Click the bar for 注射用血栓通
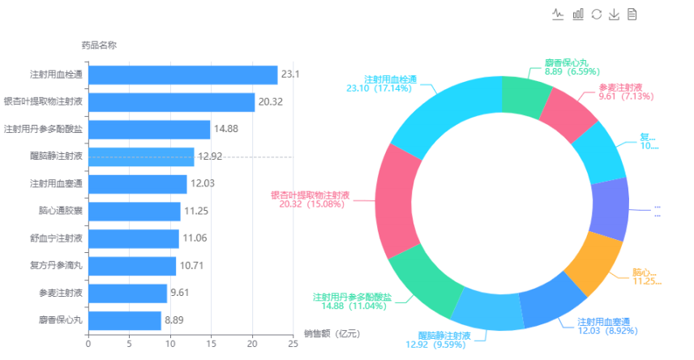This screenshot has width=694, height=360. pos(182,75)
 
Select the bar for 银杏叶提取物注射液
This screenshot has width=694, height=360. pos(171,102)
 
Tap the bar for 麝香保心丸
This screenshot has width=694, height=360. pos(125,320)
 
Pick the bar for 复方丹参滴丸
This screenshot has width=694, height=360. pos(132,266)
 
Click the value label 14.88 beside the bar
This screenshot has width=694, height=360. pos(225,129)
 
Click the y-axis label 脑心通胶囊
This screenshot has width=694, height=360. pos(60,212)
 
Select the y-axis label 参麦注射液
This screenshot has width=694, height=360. pos(60,293)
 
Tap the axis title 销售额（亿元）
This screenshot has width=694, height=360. pos(332,333)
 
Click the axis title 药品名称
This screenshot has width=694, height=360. pos(99,45)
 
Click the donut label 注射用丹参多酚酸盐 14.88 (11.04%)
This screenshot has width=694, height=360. pos(352,301)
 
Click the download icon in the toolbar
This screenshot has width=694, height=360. pos(614,14)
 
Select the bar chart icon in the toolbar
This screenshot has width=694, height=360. pos(578,14)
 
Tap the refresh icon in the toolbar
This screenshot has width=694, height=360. pos(596,14)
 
